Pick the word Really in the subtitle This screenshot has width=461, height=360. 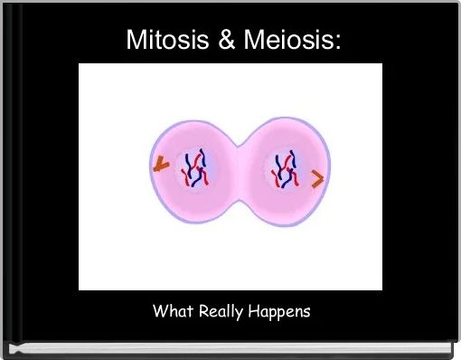pos(217,312)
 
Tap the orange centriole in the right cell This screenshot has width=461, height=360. pos(317,180)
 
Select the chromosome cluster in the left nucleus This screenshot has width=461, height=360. pos(194,168)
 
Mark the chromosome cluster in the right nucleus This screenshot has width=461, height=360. pos(284,169)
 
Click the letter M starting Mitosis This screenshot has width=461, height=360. pos(134,40)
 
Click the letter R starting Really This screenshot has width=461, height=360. pos(201,311)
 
